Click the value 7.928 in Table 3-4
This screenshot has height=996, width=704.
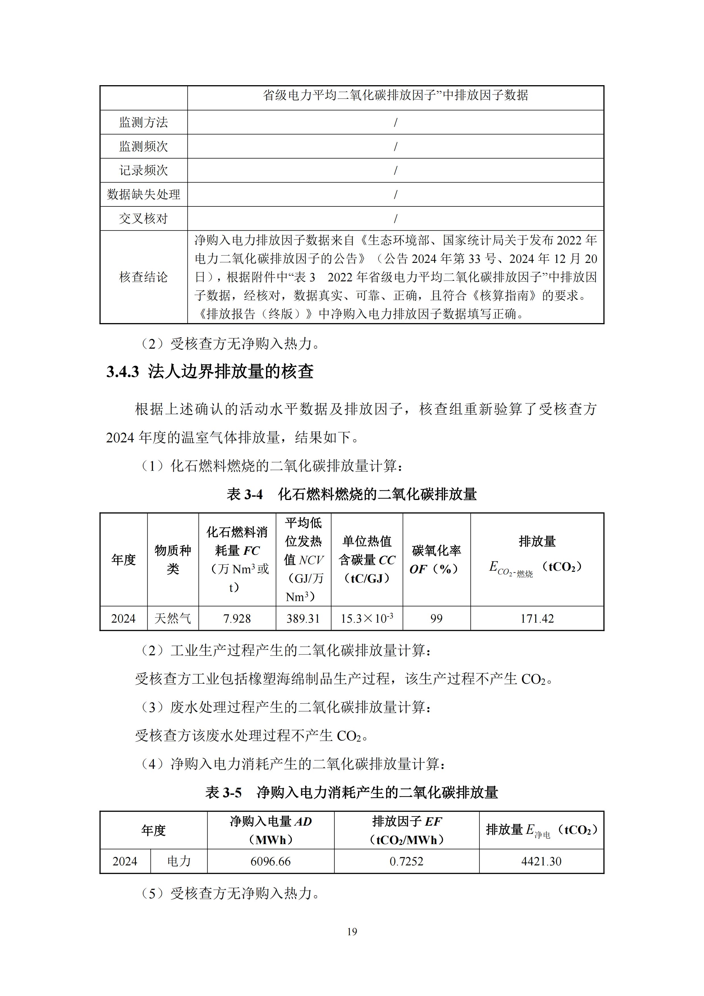(x=237, y=619)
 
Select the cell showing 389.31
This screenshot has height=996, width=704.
(x=303, y=619)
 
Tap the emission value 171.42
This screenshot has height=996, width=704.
(x=537, y=619)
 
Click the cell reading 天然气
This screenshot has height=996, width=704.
(x=173, y=619)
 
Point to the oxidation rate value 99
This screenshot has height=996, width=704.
(x=436, y=619)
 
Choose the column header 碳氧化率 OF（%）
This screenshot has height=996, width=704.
(x=436, y=560)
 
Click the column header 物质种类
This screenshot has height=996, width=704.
(x=173, y=560)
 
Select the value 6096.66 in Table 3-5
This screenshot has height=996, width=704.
(x=270, y=861)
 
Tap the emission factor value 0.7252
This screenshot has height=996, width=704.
(x=407, y=861)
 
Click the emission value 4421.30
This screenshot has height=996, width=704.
(x=541, y=861)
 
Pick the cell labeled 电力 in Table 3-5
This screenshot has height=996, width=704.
(x=179, y=861)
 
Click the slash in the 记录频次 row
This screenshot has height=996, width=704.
(x=395, y=170)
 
